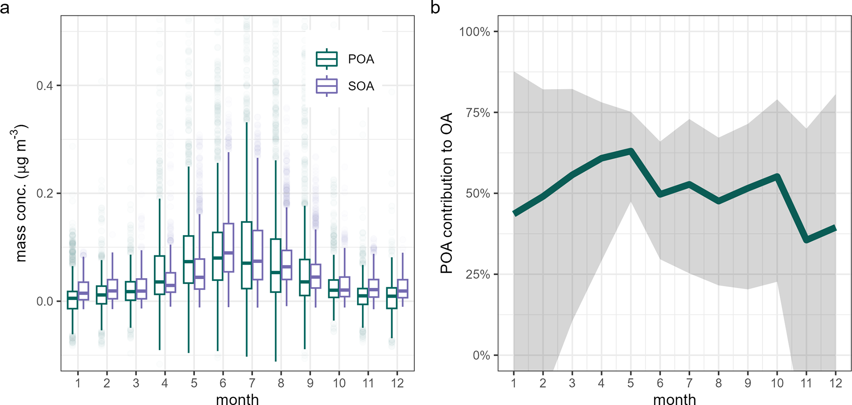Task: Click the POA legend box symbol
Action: tap(326, 59)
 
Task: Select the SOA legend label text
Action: tap(361, 86)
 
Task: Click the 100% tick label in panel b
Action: tap(474, 32)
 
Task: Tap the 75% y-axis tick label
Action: tap(478, 113)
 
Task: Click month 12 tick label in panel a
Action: tap(397, 383)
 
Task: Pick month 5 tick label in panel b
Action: tap(630, 383)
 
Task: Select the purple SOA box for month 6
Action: tap(228, 247)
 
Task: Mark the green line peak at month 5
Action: tap(631, 151)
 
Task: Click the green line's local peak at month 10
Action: tap(777, 177)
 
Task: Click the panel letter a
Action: tap(5, 7)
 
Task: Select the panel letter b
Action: tap(435, 7)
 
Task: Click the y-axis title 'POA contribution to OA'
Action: tap(446, 193)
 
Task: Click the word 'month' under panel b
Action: tap(674, 399)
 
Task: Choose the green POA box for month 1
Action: tap(73, 300)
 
